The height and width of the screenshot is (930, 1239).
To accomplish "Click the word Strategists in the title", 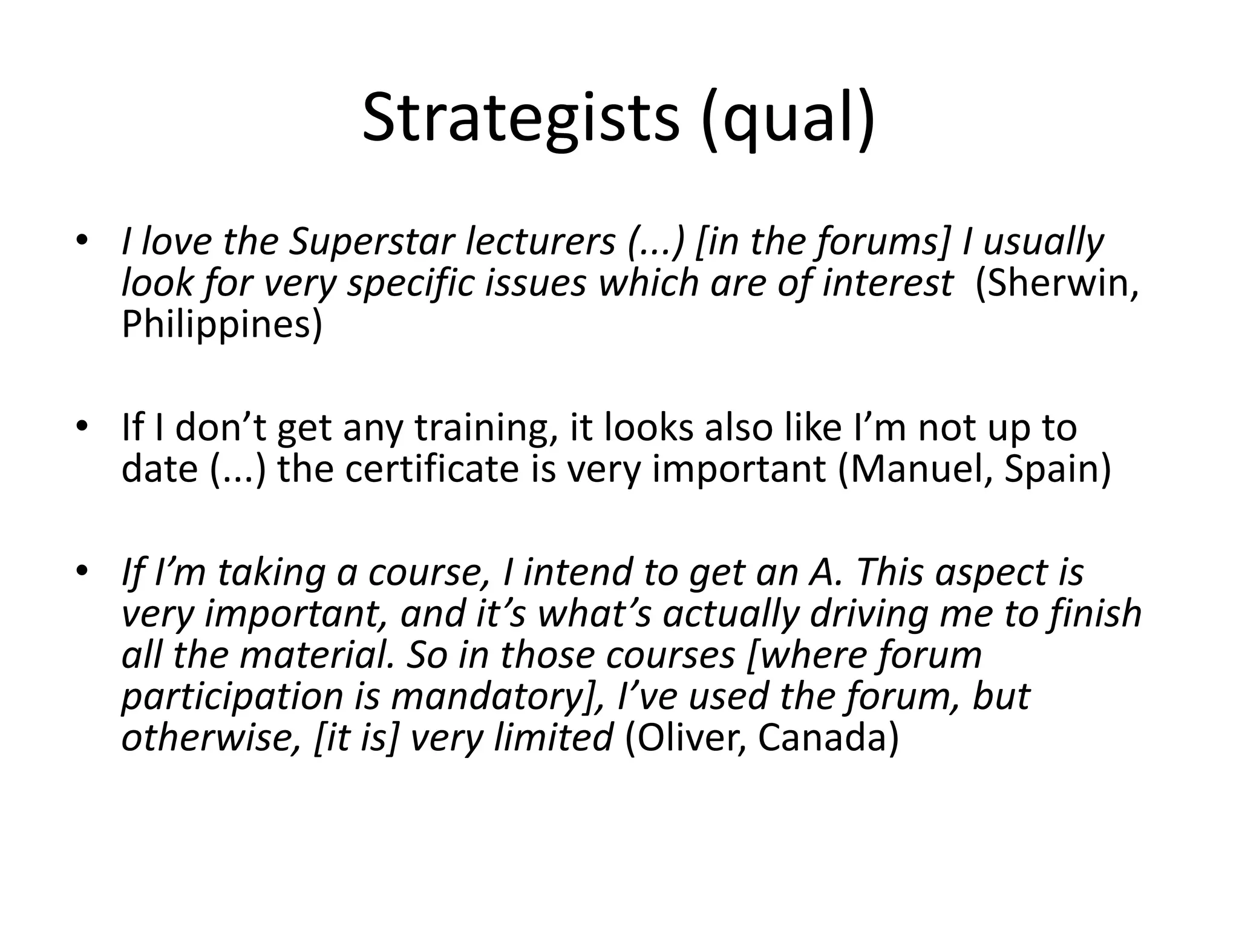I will click(520, 118).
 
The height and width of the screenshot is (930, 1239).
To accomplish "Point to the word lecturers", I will click(540, 242).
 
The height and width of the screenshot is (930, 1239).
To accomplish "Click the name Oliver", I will click(687, 738).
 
